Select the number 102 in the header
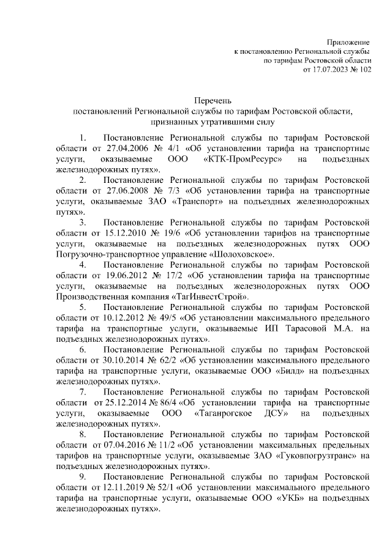364,71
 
